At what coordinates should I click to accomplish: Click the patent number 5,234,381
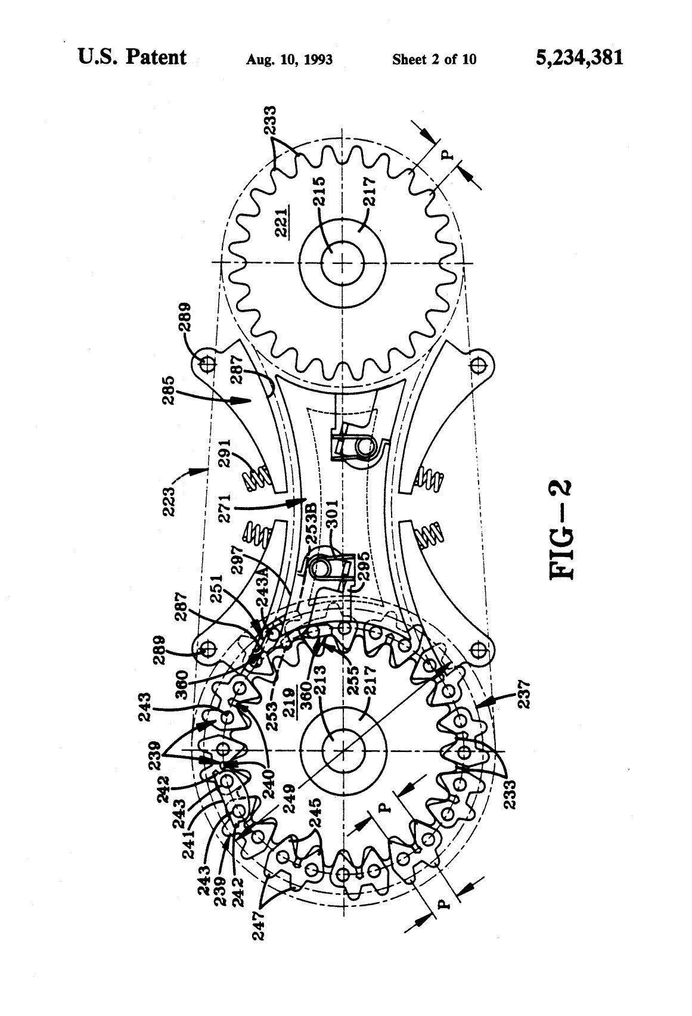click(x=579, y=58)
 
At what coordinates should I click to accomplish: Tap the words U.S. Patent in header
click(x=132, y=57)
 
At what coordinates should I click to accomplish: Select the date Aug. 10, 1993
click(x=289, y=60)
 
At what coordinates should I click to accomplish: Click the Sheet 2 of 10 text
click(x=434, y=60)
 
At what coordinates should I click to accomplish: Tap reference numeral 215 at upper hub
click(x=319, y=190)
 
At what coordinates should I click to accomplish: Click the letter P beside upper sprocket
click(x=448, y=156)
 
